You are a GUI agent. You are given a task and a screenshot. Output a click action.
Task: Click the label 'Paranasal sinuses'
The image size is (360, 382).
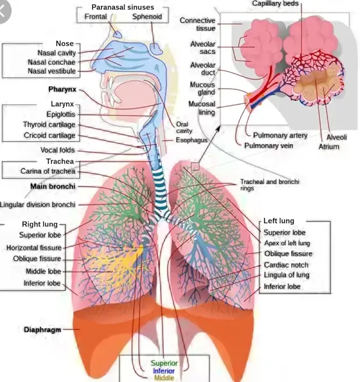pos(122,6)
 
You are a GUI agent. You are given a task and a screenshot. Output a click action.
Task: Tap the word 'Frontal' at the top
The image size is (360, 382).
pos(96,16)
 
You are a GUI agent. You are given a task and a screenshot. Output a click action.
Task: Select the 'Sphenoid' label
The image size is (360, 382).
pos(146,16)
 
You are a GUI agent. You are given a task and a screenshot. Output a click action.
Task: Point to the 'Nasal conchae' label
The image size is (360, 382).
pos(51,62)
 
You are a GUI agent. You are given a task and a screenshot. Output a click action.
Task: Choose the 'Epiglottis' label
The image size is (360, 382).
pos(59,114)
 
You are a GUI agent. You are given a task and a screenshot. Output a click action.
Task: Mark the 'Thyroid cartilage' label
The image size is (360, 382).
pos(49,125)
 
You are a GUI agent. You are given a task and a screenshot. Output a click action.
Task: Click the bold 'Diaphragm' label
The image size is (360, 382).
pos(42,329)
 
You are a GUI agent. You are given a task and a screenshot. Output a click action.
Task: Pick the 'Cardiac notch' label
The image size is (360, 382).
pos(286,265)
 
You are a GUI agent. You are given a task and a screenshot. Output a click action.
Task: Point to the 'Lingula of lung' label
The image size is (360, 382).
pos(286,275)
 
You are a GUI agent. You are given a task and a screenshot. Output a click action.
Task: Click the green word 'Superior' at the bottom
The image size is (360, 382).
pos(165,363)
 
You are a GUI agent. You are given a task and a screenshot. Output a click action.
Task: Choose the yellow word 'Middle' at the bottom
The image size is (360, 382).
pos(164,378)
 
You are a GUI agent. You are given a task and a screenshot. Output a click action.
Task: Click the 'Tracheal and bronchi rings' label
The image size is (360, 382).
pos(269,185)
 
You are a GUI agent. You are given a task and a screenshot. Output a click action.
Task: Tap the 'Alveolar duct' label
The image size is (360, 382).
pos(203,69)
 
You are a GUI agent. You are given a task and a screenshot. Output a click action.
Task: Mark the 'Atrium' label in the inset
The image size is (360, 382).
pos(328,147)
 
